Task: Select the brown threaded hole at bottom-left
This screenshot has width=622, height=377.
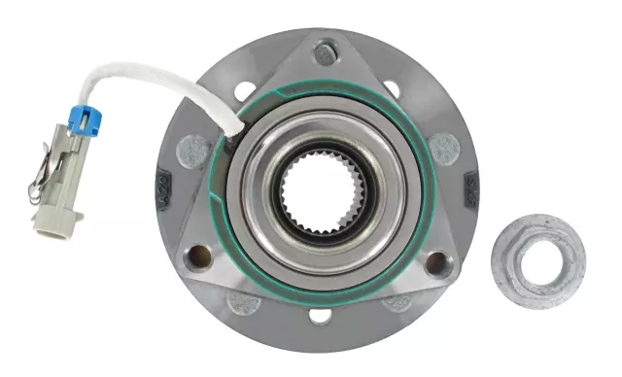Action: click(x=199, y=257)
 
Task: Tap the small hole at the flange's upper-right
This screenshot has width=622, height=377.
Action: click(x=392, y=88)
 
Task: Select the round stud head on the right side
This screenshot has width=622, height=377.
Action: click(x=444, y=148)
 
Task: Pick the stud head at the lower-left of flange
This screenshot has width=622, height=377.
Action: click(x=241, y=302)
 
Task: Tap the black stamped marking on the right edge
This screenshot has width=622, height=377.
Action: click(x=473, y=190)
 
